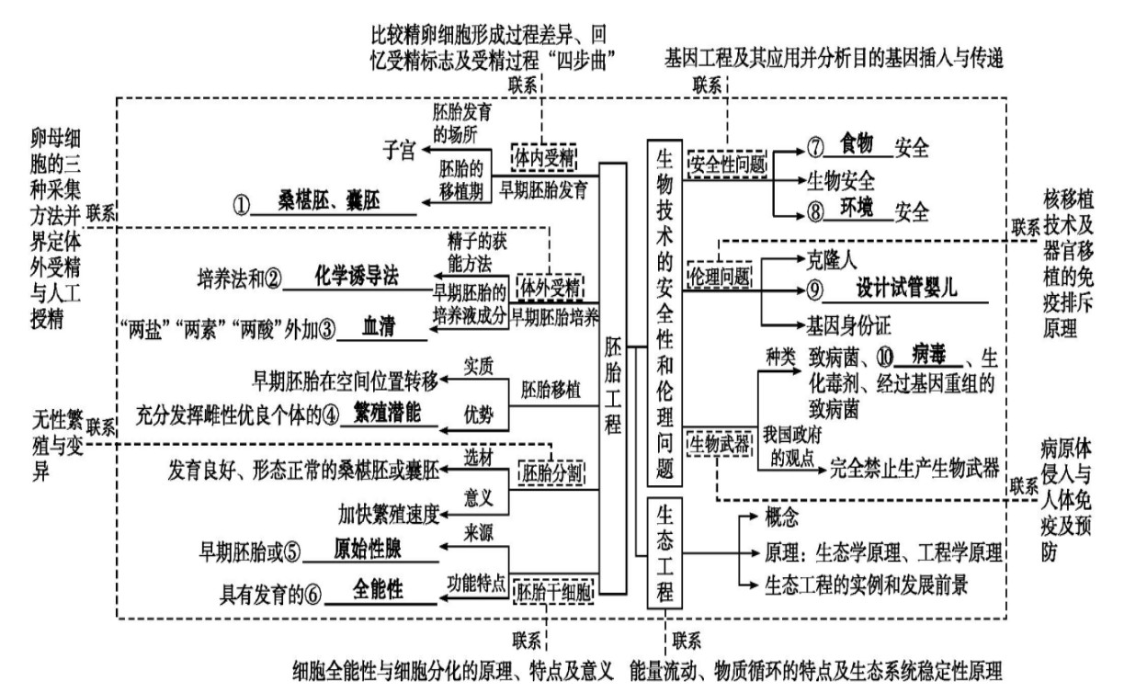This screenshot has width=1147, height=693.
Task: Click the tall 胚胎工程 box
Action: click(x=613, y=379)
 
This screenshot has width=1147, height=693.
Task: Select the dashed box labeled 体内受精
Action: click(x=544, y=158)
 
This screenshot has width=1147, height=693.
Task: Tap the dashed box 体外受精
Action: click(x=551, y=289)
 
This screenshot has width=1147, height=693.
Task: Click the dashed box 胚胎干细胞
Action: click(x=553, y=592)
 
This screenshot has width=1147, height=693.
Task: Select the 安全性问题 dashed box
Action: click(x=727, y=165)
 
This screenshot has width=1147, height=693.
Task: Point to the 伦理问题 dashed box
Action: click(x=720, y=277)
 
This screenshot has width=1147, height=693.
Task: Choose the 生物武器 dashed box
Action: click(x=720, y=444)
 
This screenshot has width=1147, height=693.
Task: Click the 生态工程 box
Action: click(x=664, y=552)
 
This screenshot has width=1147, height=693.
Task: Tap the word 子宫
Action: click(x=399, y=150)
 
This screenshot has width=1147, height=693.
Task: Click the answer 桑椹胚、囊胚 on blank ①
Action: click(x=329, y=200)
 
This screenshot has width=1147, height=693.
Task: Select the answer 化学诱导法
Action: click(x=357, y=276)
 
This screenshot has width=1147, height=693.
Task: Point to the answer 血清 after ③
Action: click(x=379, y=326)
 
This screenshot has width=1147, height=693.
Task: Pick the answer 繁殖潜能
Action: click(x=387, y=413)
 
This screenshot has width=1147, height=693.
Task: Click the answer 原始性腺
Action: click(x=368, y=549)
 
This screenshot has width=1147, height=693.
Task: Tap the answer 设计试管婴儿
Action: click(x=906, y=288)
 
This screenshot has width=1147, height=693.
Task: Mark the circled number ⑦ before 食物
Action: click(x=815, y=147)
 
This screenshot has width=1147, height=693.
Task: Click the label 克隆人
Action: click(x=832, y=260)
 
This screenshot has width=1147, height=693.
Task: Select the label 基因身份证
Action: click(x=849, y=325)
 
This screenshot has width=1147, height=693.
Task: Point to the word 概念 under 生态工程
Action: click(x=782, y=517)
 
